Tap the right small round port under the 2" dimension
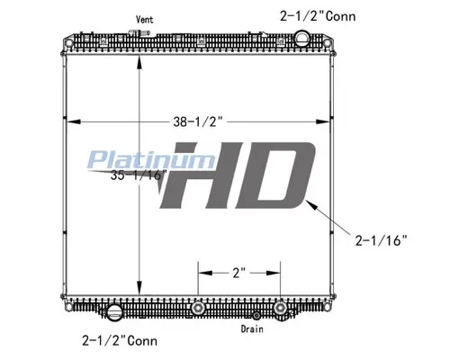click(282, 309)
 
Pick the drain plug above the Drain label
click(256, 316)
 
